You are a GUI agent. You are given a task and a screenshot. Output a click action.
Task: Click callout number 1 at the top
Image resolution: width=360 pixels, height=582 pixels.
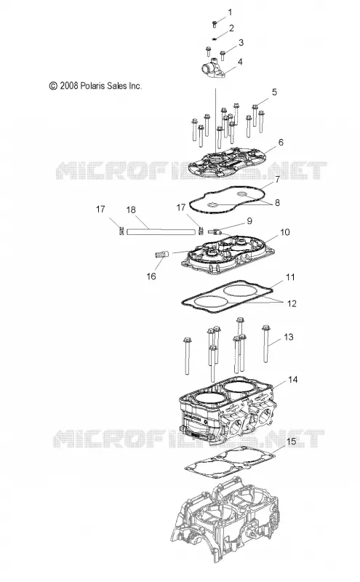point(230,12)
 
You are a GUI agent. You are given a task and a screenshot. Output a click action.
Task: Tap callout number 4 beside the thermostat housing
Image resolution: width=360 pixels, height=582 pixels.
point(240,62)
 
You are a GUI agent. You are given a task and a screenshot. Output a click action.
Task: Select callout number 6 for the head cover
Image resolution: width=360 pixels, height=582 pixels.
point(281,142)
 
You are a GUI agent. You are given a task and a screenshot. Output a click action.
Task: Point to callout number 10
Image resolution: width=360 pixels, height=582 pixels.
point(284,232)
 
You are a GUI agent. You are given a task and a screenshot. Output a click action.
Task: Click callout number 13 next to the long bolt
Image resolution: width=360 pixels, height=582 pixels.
point(289,337)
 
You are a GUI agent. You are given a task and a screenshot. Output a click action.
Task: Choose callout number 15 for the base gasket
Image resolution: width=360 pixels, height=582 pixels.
point(292,442)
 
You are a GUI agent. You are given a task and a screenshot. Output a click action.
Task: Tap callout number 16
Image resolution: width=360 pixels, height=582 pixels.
point(151,276)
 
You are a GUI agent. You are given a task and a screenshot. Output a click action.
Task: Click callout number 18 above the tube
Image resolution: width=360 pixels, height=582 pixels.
point(131,210)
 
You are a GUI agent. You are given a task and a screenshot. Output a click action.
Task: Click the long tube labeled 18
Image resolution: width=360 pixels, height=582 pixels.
point(161,231)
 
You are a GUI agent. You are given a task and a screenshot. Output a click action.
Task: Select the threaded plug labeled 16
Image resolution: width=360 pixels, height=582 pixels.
point(161,255)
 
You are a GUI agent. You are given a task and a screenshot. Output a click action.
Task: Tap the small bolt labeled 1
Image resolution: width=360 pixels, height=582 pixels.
point(215,24)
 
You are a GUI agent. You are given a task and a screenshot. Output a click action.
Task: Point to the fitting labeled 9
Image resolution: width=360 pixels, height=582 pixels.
point(215,231)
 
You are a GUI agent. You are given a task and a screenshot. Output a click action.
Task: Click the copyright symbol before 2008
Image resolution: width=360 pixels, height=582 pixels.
point(53,86)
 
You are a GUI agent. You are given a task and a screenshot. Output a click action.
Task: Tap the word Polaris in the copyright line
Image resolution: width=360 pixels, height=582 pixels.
point(93,86)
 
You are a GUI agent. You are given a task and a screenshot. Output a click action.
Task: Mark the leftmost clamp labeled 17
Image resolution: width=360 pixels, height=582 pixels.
point(121,231)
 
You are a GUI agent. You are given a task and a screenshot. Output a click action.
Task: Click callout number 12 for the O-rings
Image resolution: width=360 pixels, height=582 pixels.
point(292,303)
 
